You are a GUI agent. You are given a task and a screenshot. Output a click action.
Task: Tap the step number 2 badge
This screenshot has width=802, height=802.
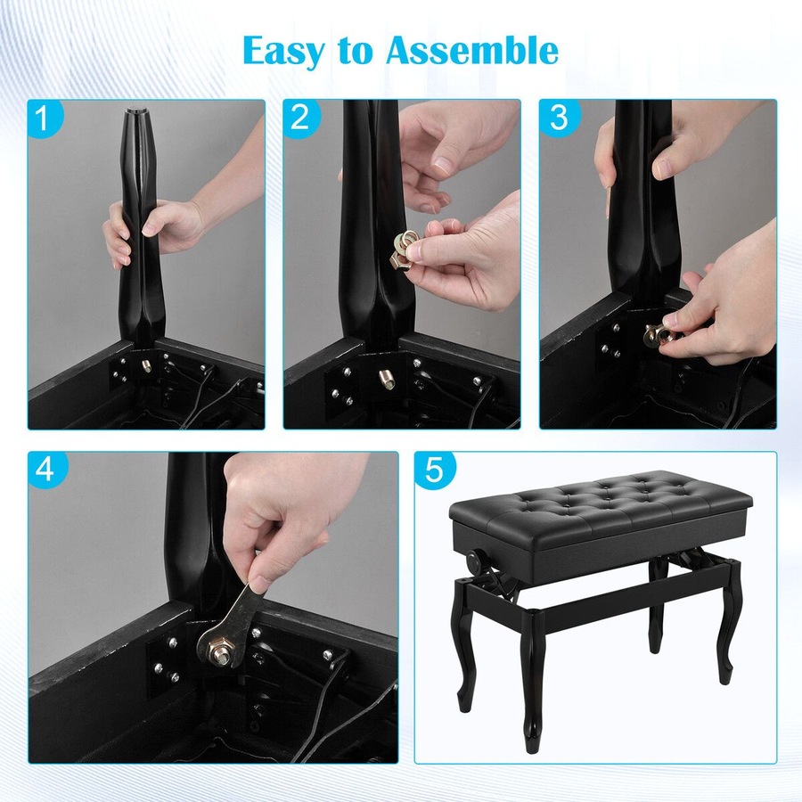coord(300,119)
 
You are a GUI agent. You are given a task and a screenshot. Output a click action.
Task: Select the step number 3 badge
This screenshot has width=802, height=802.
coord(558,119)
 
